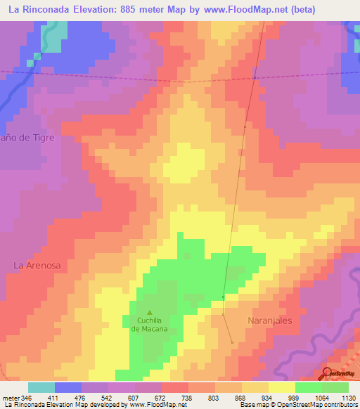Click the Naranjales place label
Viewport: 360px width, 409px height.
(269, 320)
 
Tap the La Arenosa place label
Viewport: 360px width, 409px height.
(37, 265)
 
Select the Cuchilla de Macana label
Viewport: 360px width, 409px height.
(148, 324)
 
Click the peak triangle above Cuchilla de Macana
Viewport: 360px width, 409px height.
(148, 312)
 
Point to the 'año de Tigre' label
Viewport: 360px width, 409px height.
(27, 138)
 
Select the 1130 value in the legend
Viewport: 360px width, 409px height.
(347, 397)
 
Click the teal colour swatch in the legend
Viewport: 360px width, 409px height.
(41, 387)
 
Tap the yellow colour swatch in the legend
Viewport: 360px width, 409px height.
(281, 387)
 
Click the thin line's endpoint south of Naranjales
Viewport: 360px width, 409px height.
(233, 343)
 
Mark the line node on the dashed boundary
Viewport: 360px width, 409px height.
(255, 77)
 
